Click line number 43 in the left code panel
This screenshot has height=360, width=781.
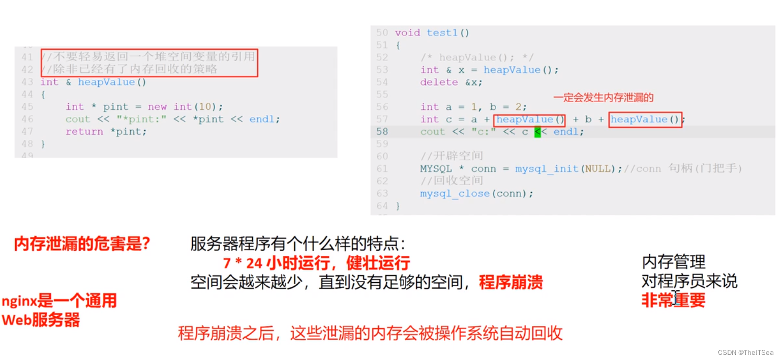[x=27, y=82]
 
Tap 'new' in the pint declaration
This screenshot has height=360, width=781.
[x=157, y=107]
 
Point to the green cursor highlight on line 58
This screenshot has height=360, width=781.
[x=537, y=132]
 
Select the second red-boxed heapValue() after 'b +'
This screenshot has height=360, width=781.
[x=645, y=119]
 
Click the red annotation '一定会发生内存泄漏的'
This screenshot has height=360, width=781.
[x=603, y=98]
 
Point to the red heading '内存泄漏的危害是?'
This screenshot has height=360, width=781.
[x=82, y=245]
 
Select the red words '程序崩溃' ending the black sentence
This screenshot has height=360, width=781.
[x=510, y=283]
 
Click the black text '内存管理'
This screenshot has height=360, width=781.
[x=674, y=262]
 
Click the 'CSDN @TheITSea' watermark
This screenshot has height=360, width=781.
[x=745, y=352]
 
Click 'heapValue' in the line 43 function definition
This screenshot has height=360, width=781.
[x=106, y=82]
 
